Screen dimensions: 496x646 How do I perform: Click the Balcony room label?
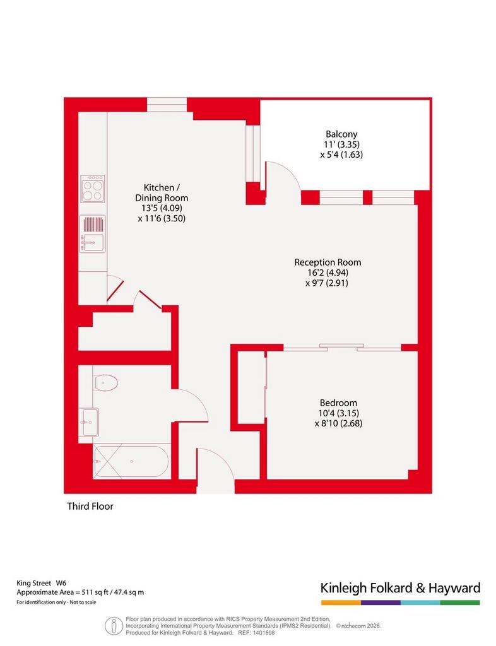[x=341, y=134]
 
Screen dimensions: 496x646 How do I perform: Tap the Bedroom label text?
[x=338, y=402]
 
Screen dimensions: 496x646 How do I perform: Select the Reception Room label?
[x=328, y=262]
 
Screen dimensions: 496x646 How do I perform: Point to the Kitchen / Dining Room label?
[x=162, y=192]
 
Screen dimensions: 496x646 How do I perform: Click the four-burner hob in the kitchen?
[x=93, y=189]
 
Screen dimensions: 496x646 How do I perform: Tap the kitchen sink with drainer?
[x=93, y=233]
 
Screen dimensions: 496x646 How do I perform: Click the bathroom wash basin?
[x=90, y=422]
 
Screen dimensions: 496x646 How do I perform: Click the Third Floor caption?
[x=90, y=506]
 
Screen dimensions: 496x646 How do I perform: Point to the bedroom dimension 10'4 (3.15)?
[x=338, y=413]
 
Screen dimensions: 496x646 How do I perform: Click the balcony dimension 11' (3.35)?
[x=341, y=144]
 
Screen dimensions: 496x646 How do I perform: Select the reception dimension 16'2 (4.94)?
[x=328, y=273]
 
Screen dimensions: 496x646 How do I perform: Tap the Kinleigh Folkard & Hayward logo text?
[x=401, y=588]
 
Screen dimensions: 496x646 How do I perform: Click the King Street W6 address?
[x=41, y=584]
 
